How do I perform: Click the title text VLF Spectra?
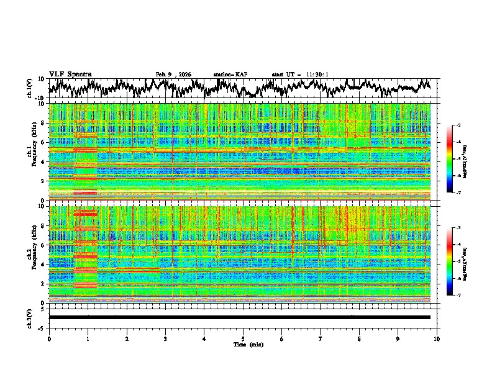click(70, 74)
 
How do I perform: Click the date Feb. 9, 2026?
click(173, 75)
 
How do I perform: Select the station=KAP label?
click(230, 75)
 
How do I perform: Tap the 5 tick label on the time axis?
click(243, 338)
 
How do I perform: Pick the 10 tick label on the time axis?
click(437, 338)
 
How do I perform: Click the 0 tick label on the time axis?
click(49, 338)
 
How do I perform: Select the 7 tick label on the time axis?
click(321, 338)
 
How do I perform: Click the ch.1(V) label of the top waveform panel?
click(29, 88)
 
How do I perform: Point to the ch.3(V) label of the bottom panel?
click(29, 317)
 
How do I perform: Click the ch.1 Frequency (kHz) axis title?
click(32, 152)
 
